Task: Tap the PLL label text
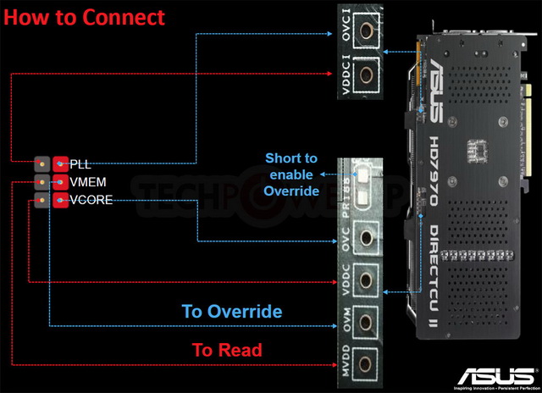coord(80,163)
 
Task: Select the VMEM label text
coord(88,182)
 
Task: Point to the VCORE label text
coord(91,201)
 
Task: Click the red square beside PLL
coord(60,163)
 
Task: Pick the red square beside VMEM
coord(60,182)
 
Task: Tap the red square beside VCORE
coord(60,201)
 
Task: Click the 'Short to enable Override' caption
coord(291,174)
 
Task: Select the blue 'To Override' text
coord(232,312)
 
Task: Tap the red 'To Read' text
coord(226,349)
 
